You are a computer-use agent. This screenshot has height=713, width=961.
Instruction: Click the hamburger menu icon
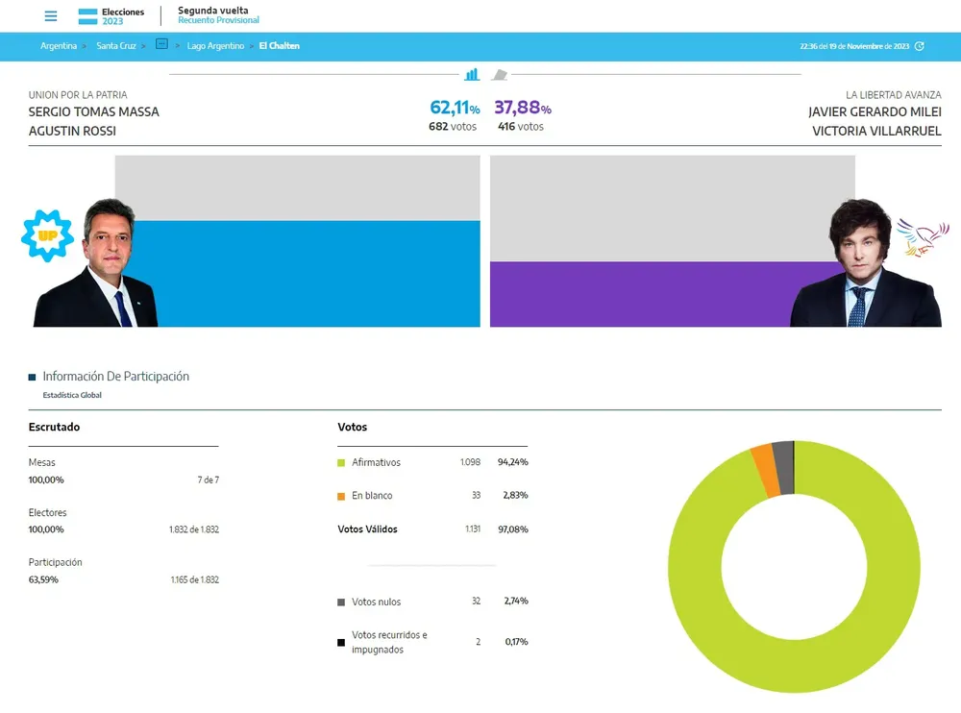click(x=51, y=16)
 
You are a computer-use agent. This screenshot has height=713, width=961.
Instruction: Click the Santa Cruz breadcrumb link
click(x=115, y=46)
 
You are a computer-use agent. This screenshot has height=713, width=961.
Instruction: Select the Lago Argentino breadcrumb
click(x=215, y=46)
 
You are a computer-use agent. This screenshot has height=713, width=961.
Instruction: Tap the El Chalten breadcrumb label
click(x=279, y=46)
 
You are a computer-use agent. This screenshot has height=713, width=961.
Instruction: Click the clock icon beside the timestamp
click(x=920, y=46)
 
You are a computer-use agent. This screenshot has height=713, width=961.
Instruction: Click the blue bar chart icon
click(x=472, y=74)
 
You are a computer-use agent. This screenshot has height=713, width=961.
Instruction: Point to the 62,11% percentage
click(x=454, y=108)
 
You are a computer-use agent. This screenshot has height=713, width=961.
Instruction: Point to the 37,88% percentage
click(x=522, y=108)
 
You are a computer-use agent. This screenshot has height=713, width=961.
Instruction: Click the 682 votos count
click(x=453, y=127)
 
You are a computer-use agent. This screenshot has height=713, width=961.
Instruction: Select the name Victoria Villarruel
click(x=876, y=131)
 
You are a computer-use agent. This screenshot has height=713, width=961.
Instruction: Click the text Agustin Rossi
click(x=72, y=131)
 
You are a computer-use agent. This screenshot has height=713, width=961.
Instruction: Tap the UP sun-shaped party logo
click(x=47, y=235)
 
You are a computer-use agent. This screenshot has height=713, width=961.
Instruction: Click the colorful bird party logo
click(x=922, y=236)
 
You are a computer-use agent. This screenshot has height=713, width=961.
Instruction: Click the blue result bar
click(x=308, y=274)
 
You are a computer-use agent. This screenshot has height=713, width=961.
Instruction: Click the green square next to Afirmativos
click(x=341, y=463)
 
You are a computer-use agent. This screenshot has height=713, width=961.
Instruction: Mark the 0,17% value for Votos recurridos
click(x=516, y=642)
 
